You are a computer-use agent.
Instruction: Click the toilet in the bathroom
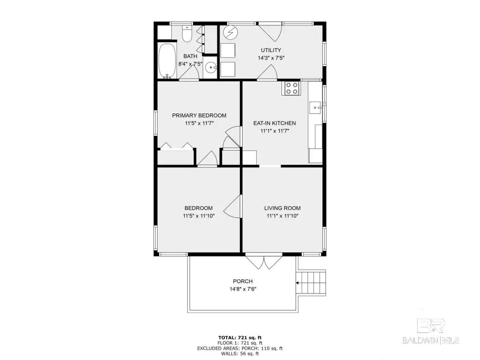pos(186,33)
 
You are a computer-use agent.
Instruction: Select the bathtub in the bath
pos(167,60)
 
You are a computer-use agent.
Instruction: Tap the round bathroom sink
pos(211,67)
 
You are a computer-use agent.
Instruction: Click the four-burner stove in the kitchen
pos(291,88)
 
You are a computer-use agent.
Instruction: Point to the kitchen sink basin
pos(315,108)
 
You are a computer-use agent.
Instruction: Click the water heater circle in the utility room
pos(230,32)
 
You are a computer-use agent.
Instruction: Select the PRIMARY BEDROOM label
pos(199,115)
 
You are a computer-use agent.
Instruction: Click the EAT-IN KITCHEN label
pos(274,123)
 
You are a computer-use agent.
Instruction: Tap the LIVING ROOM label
pos(282,208)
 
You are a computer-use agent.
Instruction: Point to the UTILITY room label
pos(271,50)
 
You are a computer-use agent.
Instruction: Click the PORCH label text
pos(243,281)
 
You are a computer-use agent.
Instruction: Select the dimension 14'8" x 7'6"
pos(243,289)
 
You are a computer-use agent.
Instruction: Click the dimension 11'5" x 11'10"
pos(198,216)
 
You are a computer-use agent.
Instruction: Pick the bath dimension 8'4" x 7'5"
pos(190,64)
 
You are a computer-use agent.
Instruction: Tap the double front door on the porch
pos(264,262)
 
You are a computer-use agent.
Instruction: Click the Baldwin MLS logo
pos(431,331)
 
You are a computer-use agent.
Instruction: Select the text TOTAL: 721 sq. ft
pos(240,337)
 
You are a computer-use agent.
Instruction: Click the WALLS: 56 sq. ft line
pos(240,353)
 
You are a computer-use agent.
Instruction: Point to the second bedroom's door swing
pos(233,206)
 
